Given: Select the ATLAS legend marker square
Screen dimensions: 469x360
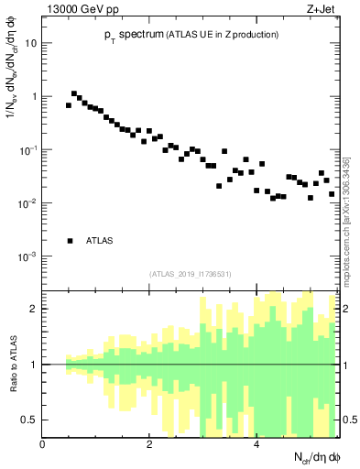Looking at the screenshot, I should click(70, 241).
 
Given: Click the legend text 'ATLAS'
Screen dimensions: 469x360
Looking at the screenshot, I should click(100, 241).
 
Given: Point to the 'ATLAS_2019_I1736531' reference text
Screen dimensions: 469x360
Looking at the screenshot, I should click(191, 274).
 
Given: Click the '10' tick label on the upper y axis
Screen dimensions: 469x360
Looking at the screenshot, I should click(31, 43).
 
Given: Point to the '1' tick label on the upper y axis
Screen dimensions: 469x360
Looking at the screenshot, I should click(35, 96).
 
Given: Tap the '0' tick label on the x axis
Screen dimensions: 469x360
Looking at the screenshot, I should click(42, 444).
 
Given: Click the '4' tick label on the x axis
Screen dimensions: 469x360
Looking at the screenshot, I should click(256, 444).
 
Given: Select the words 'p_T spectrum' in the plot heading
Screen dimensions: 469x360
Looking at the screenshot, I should click(127, 34).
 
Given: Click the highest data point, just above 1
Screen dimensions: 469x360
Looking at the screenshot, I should click(74, 93).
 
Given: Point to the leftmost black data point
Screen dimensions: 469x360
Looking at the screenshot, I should click(68, 105).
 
